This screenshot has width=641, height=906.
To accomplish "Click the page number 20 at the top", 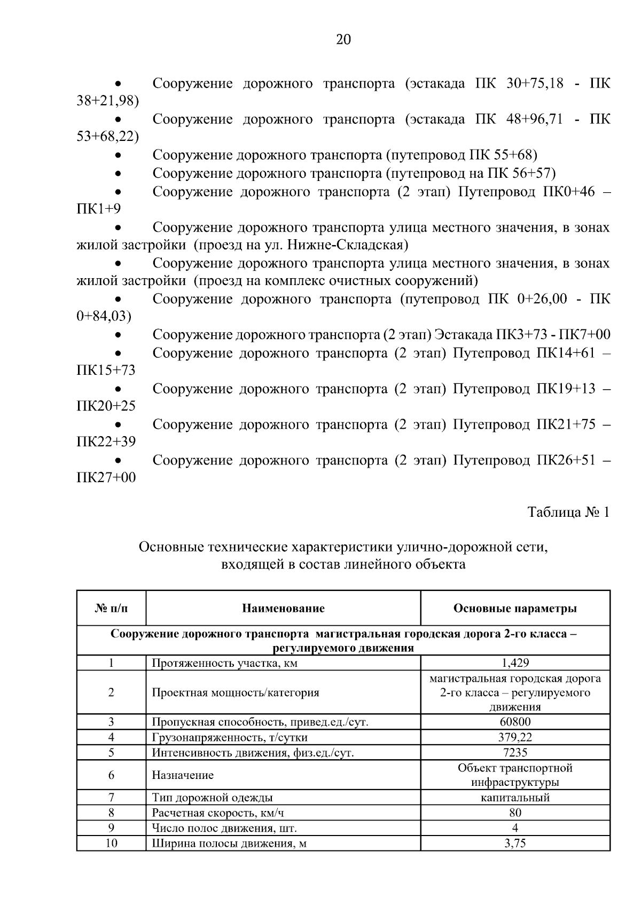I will point(343,40).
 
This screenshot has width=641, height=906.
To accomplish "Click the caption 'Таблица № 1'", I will point(568,513).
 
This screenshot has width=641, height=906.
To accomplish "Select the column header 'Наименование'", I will point(283,608).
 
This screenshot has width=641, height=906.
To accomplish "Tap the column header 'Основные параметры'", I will point(515,608).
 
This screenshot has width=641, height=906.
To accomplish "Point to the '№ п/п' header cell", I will point(111,608).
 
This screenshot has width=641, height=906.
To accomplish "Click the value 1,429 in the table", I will point(515,663).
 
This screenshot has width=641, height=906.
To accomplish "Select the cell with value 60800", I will point(515,722).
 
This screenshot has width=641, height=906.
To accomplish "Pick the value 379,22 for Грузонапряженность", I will point(515,737).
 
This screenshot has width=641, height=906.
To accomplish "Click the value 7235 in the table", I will point(515,753).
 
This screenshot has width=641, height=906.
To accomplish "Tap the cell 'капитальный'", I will point(515,798).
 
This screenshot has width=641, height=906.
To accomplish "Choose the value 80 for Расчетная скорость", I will point(515,813).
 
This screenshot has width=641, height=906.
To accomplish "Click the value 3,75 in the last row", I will point(515,844).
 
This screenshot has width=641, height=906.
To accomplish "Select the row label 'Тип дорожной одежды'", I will point(212,798).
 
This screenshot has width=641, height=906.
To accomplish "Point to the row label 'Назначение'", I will point(183,775).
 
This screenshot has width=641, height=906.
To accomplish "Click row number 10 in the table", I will point(111,844).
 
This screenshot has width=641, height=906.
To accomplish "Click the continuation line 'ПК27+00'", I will point(106,477).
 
